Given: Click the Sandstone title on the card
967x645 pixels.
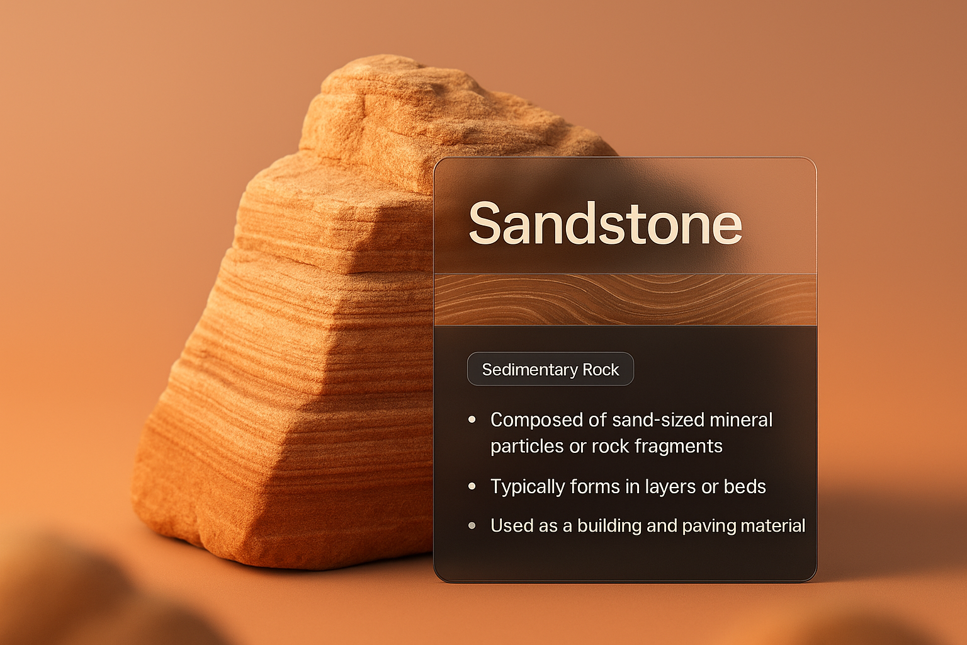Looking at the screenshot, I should click(x=605, y=224).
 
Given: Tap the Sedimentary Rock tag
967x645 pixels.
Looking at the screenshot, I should click(x=550, y=370).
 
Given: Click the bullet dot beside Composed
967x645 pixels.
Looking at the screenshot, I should click(x=472, y=420).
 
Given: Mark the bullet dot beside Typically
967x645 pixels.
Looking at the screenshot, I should click(x=472, y=486).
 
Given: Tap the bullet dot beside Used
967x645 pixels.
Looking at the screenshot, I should click(x=472, y=525).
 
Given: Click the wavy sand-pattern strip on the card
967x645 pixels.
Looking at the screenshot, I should click(x=625, y=300).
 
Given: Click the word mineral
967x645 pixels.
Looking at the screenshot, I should click(x=741, y=420).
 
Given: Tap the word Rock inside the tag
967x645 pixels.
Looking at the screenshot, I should click(x=601, y=370).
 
